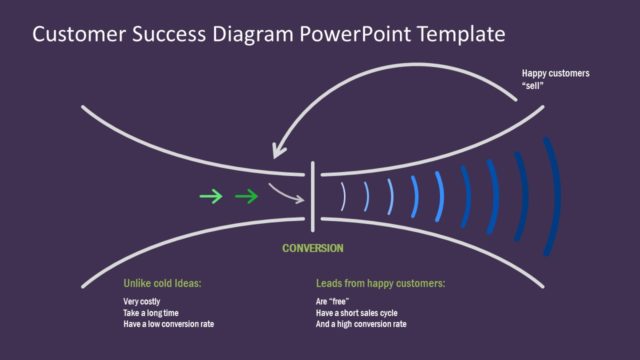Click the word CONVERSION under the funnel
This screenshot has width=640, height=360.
pos(313,248)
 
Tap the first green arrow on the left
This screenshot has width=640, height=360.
pos(211,196)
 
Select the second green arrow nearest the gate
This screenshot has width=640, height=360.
pos(246,196)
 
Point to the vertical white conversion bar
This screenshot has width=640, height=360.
pos(313,193)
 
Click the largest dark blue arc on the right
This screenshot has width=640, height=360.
pos(553,196)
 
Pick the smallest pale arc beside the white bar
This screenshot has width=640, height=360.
pos(342,196)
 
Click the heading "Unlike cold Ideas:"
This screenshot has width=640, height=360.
pos(163,284)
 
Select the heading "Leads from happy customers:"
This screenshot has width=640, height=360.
pos(380,284)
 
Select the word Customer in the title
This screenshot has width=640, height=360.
pos(79,35)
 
